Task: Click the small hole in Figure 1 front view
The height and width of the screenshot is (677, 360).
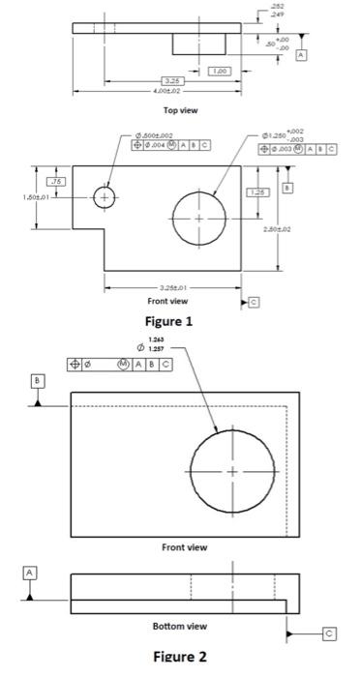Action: (x=105, y=197)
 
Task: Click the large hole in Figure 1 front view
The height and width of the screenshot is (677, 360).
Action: (x=199, y=218)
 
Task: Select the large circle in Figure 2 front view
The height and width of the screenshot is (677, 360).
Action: (x=231, y=471)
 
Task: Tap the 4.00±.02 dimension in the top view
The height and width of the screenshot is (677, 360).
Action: (x=155, y=91)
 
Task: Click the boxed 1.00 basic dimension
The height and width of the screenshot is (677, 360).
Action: (x=220, y=71)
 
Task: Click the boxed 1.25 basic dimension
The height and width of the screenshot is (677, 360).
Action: (x=257, y=192)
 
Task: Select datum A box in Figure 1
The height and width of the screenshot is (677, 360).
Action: (x=301, y=57)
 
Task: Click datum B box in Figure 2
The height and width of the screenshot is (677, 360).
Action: (x=37, y=381)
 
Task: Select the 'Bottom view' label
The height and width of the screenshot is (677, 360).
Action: (x=179, y=626)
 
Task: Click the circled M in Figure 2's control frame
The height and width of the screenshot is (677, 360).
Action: (x=123, y=364)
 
